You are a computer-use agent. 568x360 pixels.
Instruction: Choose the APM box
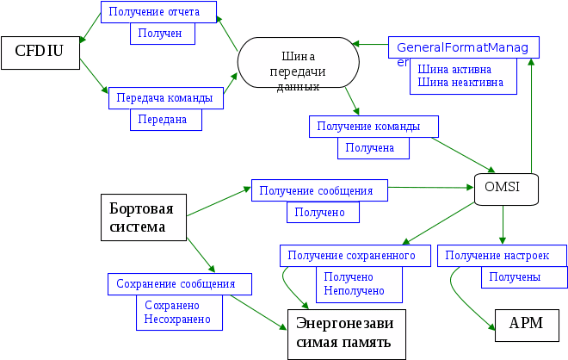coord(526,324)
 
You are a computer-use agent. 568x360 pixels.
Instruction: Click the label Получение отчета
coord(158,11)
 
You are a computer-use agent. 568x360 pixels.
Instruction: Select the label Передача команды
coord(166,98)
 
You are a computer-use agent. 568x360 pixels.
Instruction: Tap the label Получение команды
coord(373,126)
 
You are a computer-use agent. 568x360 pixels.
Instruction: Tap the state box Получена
coord(370,148)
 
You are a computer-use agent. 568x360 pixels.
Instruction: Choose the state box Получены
coord(515,277)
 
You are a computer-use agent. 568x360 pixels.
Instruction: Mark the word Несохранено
coord(177,320)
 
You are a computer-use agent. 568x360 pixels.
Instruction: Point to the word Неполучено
coord(354,291)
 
